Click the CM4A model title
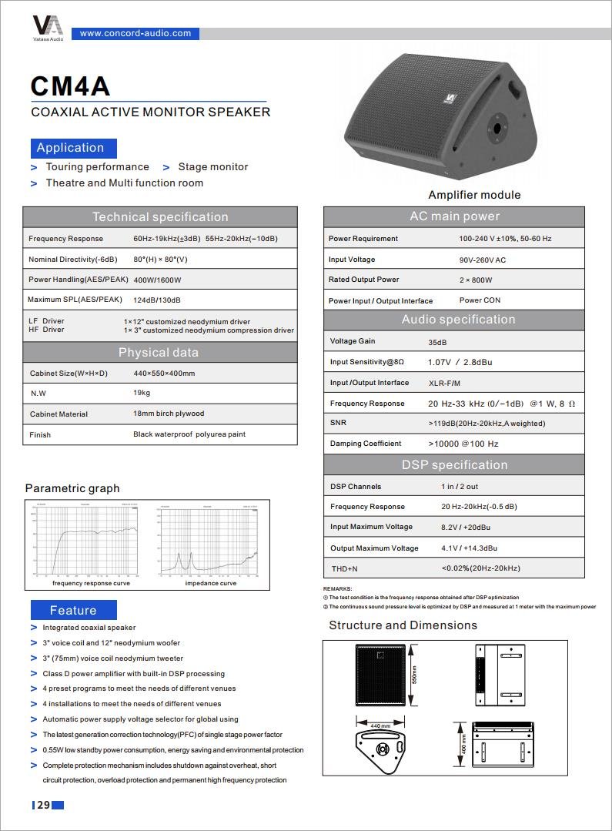(70, 86)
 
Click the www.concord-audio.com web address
(135, 33)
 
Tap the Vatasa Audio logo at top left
(48, 26)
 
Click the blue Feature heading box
(73, 610)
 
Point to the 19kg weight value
(142, 393)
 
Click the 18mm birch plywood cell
(169, 414)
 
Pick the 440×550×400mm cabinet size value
(164, 374)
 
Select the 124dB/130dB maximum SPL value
(157, 300)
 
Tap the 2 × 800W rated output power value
(476, 280)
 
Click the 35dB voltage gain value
(437, 342)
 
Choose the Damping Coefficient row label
(366, 444)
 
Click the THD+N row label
(344, 568)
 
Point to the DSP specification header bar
(454, 464)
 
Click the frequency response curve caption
(91, 583)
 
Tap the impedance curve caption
(211, 583)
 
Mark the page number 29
(43, 805)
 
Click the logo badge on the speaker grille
(446, 99)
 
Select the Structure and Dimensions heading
(403, 625)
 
